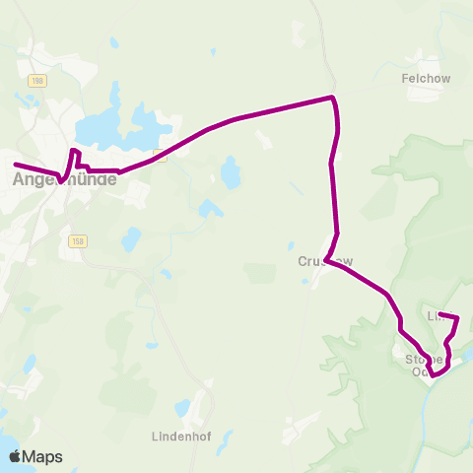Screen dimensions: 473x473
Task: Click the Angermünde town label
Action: tap(63, 180)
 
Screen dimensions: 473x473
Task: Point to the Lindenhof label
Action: tap(184, 435)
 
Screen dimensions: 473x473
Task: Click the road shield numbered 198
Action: tap(38, 80)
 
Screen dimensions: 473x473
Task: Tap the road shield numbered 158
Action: tap(76, 240)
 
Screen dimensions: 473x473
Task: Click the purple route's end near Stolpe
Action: tap(456, 317)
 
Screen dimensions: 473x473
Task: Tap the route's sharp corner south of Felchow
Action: tap(333, 98)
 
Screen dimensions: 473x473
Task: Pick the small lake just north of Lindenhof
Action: tap(183, 407)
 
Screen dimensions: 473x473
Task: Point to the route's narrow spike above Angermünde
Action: tap(74, 151)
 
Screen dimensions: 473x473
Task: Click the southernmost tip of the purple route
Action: tap(433, 375)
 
